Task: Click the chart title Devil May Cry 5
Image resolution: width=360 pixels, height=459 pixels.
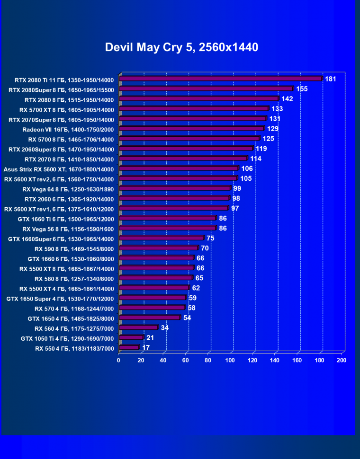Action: click(181, 47)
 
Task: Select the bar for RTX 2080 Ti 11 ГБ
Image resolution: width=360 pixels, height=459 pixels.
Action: click(221, 79)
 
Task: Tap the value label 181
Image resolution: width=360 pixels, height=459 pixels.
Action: click(331, 79)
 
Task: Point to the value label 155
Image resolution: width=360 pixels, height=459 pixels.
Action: click(302, 88)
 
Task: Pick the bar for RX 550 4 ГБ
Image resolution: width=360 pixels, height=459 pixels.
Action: click(129, 348)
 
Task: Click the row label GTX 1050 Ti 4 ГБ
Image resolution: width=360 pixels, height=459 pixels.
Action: click(67, 338)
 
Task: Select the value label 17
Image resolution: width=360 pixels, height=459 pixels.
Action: click(146, 348)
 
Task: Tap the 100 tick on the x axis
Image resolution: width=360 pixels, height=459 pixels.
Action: click(230, 361)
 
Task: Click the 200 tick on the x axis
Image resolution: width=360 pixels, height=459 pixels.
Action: click(341, 361)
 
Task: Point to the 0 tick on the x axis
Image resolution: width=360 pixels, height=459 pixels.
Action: click(119, 361)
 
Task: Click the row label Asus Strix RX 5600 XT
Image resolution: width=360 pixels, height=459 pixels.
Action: click(59, 169)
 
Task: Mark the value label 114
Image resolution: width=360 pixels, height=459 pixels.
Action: click(256, 158)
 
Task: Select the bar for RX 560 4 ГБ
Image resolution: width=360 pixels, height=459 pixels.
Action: click(139, 327)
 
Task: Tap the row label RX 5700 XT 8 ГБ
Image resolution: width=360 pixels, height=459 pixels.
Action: click(67, 109)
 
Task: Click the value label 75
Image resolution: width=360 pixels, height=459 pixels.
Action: click(211, 238)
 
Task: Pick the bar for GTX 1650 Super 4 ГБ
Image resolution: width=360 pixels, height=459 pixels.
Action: click(153, 298)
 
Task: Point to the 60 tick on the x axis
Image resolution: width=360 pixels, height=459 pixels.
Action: click(186, 361)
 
